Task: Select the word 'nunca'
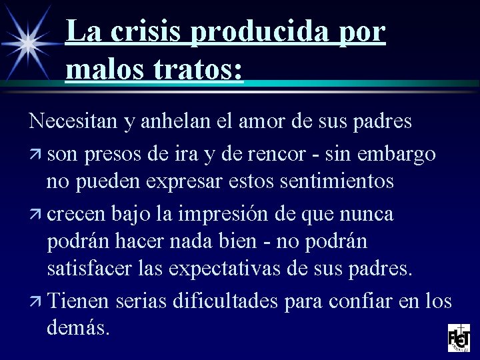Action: (x=369, y=215)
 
